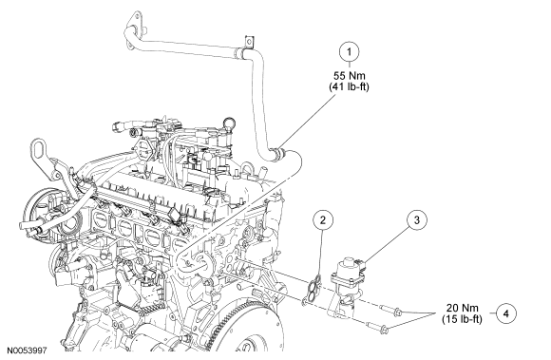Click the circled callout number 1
pyautogui.click(x=349, y=52)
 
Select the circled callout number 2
pyautogui.click(x=323, y=220)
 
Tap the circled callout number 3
pyautogui.click(x=417, y=220)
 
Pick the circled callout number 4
pyautogui.click(x=506, y=313)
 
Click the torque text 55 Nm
pyautogui.click(x=349, y=75)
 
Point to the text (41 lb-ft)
pyautogui.click(x=349, y=86)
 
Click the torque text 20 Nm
pyautogui.click(x=463, y=308)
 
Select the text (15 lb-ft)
pyautogui.click(x=463, y=319)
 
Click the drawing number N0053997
pyautogui.click(x=27, y=351)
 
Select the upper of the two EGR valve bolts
pyautogui.click(x=390, y=310)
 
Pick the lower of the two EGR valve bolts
pyautogui.click(x=377, y=327)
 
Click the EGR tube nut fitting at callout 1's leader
pyautogui.click(x=280, y=152)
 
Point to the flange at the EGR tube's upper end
pyautogui.click(x=134, y=28)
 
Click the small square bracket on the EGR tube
pyautogui.click(x=249, y=42)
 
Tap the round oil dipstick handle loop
pyautogui.click(x=227, y=123)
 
